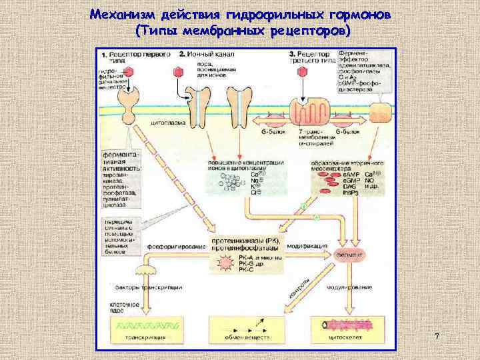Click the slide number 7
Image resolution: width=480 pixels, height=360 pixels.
(x=436, y=337)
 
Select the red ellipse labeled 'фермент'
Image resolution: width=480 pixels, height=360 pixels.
(x=350, y=254)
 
